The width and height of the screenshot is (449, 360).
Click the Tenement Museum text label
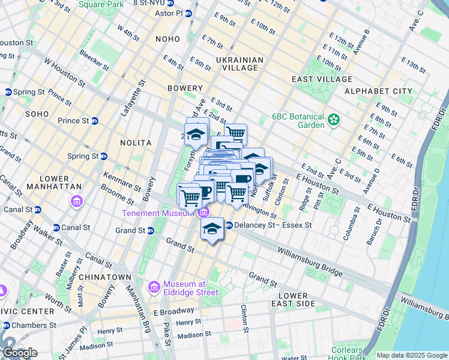tap(158, 214)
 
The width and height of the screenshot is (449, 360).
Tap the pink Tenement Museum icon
tap(203, 213)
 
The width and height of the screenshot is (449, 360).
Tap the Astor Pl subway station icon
tap(188, 13)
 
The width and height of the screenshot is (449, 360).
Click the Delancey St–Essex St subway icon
tap(229, 226)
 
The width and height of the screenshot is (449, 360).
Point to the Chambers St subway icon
tap(7, 325)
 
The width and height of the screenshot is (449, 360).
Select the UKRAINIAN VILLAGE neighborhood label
tap(240, 64)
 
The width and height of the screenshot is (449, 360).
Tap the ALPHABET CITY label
tap(378, 91)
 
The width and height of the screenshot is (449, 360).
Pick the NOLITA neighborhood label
tap(135, 143)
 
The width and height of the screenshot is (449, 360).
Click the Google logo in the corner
tap(20, 353)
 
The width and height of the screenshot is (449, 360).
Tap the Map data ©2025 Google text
tap(412, 355)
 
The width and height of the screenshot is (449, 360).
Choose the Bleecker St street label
tap(93, 61)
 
